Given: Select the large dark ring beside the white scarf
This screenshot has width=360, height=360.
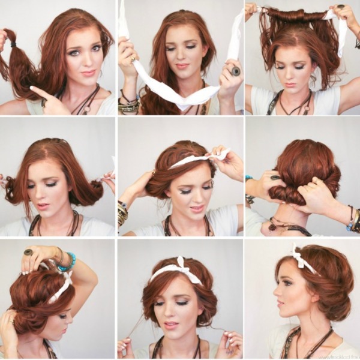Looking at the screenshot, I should point(235,71).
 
